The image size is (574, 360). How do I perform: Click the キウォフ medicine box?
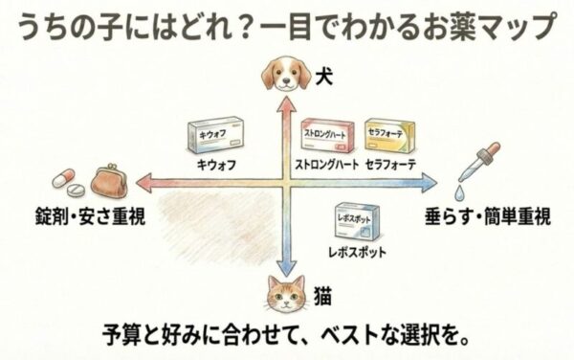215,137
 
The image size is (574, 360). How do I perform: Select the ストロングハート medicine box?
327,137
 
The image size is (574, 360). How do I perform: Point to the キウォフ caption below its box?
214,164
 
